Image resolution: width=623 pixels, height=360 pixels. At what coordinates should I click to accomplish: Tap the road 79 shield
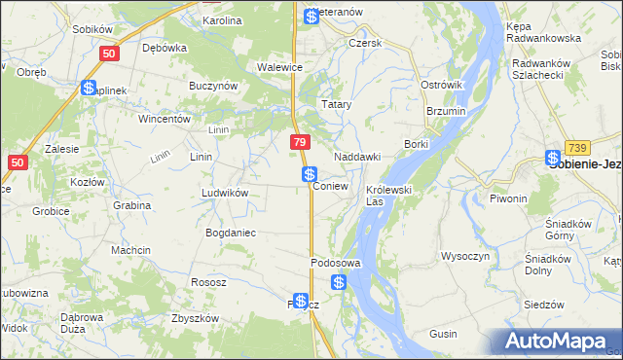[300, 143]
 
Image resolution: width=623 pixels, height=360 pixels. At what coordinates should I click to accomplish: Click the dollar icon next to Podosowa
[338, 282]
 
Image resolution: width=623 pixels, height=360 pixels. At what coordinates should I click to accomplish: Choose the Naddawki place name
[356, 157]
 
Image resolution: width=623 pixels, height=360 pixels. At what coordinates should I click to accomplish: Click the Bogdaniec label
[230, 233]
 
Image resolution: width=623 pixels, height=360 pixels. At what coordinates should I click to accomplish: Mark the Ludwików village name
[225, 193]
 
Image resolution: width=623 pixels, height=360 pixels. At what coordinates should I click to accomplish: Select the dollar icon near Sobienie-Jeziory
[553, 158]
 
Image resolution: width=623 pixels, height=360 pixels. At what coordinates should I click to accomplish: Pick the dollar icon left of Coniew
[309, 174]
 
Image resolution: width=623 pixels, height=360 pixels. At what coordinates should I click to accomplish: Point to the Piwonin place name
[508, 198]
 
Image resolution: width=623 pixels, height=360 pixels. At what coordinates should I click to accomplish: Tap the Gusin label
[443, 334]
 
